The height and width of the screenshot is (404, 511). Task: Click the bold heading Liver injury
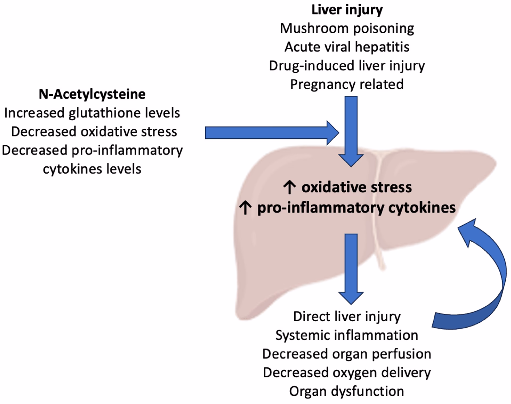point(347,10)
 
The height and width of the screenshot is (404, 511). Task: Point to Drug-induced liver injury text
point(347,66)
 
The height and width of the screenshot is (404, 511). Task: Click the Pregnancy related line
point(347,85)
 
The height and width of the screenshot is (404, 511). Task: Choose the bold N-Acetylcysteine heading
point(92,94)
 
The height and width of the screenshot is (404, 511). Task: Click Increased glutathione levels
point(92,113)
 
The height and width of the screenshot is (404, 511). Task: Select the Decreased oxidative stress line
point(94,132)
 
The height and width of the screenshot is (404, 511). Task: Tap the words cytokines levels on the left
point(92,169)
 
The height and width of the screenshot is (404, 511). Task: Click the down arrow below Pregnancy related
point(351,128)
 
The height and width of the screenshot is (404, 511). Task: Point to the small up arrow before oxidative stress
point(289,187)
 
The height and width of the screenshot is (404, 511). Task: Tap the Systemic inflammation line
point(347,335)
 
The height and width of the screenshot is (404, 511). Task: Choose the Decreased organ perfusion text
point(347,354)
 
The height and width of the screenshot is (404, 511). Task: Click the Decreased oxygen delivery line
point(347,373)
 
